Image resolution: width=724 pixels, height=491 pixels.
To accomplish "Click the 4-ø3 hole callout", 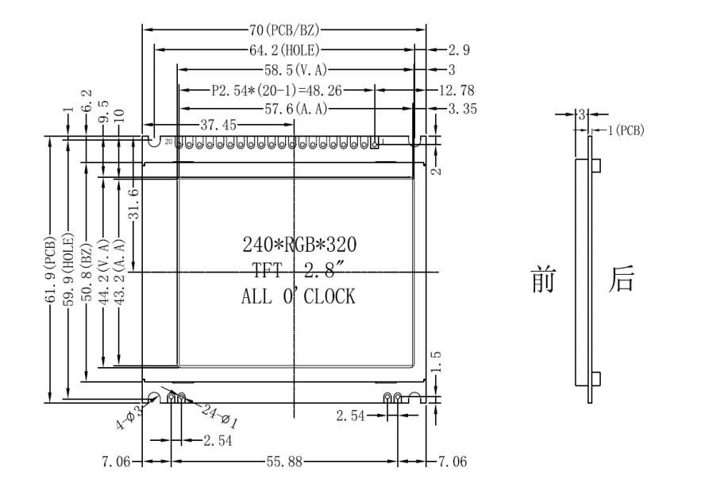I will [128, 416].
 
